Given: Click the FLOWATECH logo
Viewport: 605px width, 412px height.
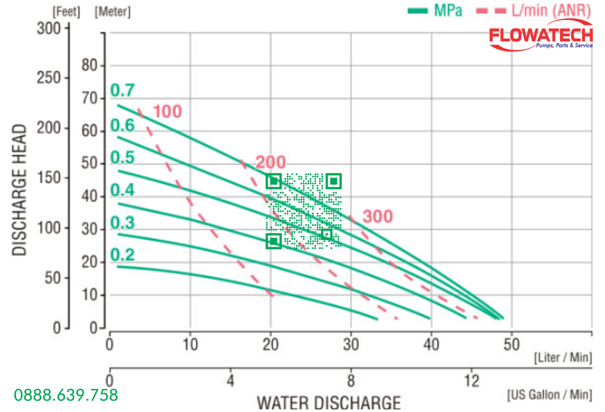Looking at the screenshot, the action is pos(541,36).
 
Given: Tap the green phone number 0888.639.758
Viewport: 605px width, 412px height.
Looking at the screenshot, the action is pos(66,395).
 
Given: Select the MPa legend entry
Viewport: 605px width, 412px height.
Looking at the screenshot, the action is pos(435,11).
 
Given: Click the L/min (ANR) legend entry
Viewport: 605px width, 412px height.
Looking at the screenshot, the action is pos(534,11).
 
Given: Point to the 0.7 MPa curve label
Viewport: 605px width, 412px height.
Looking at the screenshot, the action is pos(123,90).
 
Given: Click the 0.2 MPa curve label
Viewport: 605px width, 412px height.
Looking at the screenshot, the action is pos(123,255).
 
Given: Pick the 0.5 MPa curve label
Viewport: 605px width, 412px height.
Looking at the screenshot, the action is pos(123,157).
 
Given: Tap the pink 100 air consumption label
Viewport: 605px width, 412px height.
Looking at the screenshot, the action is pos(168,111).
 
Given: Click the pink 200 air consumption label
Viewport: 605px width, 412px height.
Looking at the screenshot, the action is pos(271,162).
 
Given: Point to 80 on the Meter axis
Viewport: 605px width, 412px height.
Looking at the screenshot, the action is pos(89,65).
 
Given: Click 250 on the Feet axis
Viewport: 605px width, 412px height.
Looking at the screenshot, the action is pos(49,78).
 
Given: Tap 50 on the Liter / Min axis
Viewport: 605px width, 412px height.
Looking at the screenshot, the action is pos(512,345).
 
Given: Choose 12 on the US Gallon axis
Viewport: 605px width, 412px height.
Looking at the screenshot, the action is pos(472,381).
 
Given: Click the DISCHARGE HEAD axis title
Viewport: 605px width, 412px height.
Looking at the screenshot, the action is pos(19,190).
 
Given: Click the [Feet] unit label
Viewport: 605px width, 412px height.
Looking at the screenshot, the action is pos(66,12).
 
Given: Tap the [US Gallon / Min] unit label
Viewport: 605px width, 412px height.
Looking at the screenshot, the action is pos(549,395).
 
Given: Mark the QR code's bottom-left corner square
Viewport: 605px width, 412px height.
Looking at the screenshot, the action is pos(274,241).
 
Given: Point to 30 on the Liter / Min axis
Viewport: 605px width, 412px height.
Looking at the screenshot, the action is pos(351,345).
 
